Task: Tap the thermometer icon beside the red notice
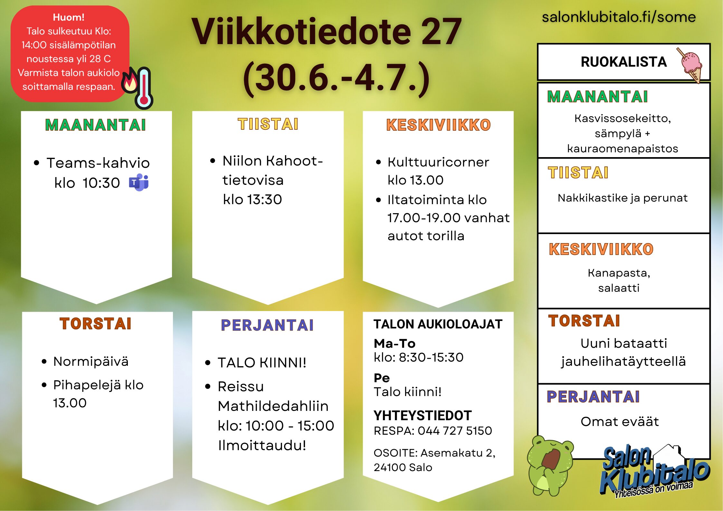coord(144,88)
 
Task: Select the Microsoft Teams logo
coord(139,183)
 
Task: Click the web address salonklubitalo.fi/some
coord(619,17)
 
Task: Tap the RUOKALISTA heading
coord(623,62)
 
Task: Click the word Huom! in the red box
coord(69,17)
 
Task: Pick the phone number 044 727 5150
coord(455,431)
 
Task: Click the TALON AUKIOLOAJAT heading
coord(438,324)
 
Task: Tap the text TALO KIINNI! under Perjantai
coord(262,363)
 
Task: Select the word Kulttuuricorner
coord(438,162)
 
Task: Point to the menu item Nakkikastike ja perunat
coord(623,198)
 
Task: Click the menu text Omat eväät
coord(620,421)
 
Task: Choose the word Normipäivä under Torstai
coord(91,362)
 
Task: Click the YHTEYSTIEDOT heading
coord(423,416)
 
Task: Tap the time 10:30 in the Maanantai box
coord(101,183)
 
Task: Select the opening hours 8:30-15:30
coord(431,357)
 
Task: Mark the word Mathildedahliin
coord(273,406)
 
